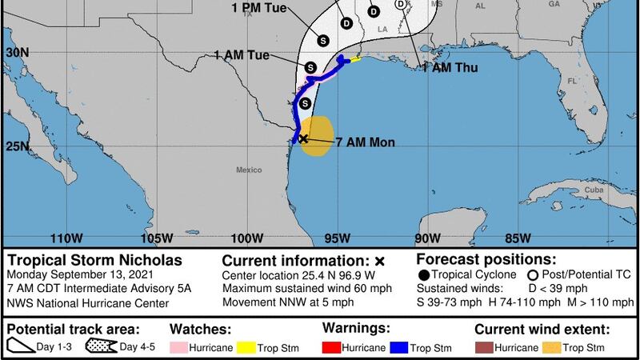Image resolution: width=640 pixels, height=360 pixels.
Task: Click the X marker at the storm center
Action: click(303, 138)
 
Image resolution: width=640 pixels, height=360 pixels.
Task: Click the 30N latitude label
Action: click(16, 51)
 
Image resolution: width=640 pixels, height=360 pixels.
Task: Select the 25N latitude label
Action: click(16, 146)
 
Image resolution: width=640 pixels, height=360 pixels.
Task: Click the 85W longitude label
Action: click(518, 238)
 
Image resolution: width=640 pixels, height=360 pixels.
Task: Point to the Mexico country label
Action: click(249, 170)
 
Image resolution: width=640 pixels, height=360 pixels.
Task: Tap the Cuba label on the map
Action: click(592, 190)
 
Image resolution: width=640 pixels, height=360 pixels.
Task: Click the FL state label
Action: click(572, 81)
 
